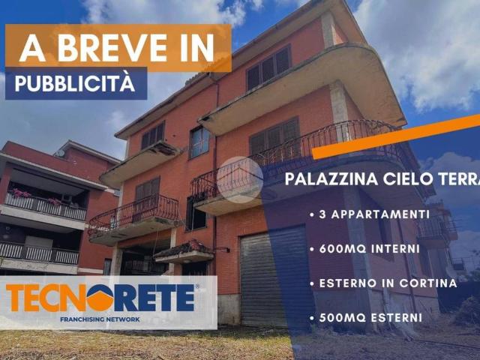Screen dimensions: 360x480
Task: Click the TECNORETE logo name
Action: pyautogui.click(x=101, y=298)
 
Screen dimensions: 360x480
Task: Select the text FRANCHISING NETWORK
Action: pyautogui.click(x=100, y=319)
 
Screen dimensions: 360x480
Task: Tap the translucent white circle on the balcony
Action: pyautogui.click(x=240, y=179)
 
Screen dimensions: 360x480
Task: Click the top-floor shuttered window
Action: pyautogui.click(x=268, y=66)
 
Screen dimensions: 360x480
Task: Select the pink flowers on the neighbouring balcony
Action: pyautogui.click(x=21, y=193)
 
